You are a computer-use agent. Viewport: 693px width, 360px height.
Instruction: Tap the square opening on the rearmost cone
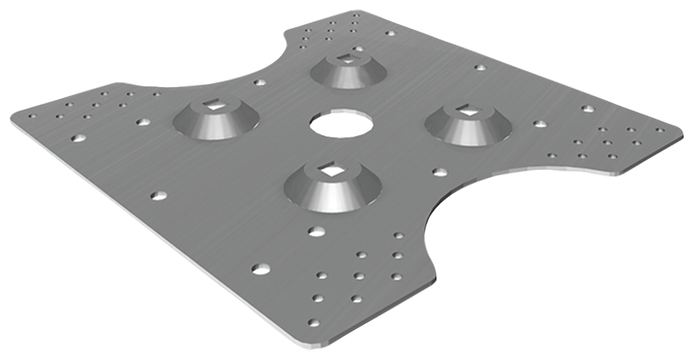[x=348, y=58]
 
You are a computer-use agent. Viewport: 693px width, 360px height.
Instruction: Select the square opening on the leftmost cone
[x=215, y=107]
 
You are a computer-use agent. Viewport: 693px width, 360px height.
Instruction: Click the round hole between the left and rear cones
[x=259, y=82]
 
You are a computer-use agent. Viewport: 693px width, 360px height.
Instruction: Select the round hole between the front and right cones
[x=439, y=172]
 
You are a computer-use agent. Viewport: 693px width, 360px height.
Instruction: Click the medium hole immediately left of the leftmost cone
[x=142, y=121]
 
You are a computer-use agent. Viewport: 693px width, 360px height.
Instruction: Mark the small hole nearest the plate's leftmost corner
[x=32, y=117]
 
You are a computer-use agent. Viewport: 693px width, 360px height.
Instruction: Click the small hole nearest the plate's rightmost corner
[x=660, y=130]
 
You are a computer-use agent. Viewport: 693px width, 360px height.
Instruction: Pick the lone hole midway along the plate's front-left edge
[x=158, y=196]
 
